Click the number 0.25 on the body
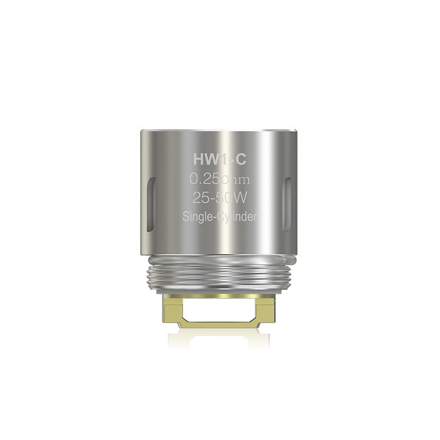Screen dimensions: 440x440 tap(204, 179)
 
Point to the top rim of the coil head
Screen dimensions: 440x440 tap(219, 132)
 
